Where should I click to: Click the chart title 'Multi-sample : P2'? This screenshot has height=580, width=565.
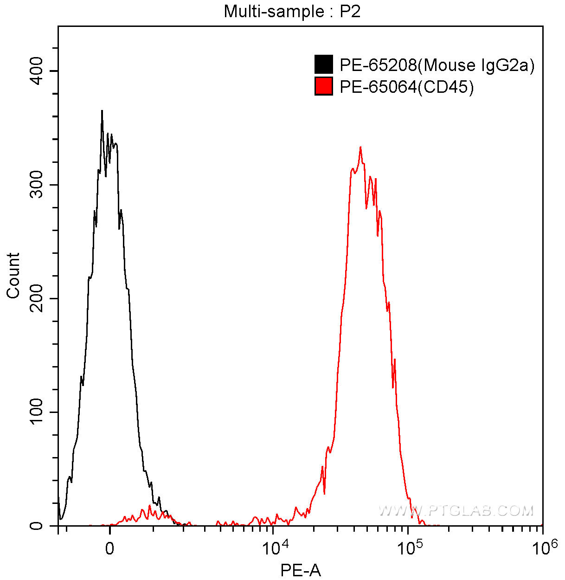pyautogui.click(x=292, y=11)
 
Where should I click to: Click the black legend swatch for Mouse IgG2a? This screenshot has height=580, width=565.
pyautogui.click(x=323, y=64)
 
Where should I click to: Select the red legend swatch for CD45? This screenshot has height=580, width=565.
pyautogui.click(x=323, y=86)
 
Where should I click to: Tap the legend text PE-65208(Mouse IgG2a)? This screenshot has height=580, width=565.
pyautogui.click(x=437, y=65)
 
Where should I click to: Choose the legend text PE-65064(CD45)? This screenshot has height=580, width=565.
pyautogui.click(x=406, y=87)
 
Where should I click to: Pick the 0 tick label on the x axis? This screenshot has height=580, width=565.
pyautogui.click(x=109, y=549)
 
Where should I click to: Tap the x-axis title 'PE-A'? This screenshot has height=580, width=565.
pyautogui.click(x=301, y=570)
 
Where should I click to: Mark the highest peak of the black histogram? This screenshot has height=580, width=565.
pyautogui.click(x=102, y=111)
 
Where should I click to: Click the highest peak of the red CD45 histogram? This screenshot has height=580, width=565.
pyautogui.click(x=360, y=147)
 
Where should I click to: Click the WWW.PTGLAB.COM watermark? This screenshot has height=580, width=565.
pyautogui.click(x=456, y=511)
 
